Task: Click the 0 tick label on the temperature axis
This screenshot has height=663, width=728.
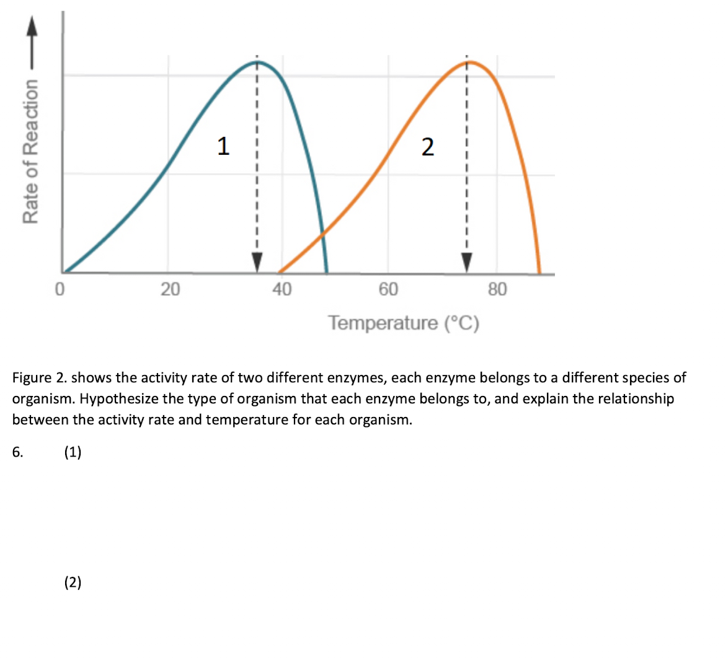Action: pos(60,289)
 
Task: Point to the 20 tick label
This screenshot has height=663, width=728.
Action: pos(170,289)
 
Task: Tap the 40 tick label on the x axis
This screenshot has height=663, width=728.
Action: pos(282,289)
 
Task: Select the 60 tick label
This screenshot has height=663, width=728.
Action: pos(389,289)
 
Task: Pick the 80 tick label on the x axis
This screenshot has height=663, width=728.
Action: pos(497,289)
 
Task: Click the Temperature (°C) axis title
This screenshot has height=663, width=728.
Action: pos(404,323)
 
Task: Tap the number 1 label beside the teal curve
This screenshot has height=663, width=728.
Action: pos(223,146)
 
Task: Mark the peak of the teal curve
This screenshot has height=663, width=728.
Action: pos(258,62)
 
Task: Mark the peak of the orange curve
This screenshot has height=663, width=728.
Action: pos(471,62)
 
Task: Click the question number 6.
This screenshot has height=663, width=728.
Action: pos(17,452)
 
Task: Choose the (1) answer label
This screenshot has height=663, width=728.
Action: pos(73,452)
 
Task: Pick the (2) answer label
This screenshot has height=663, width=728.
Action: pos(73,582)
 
